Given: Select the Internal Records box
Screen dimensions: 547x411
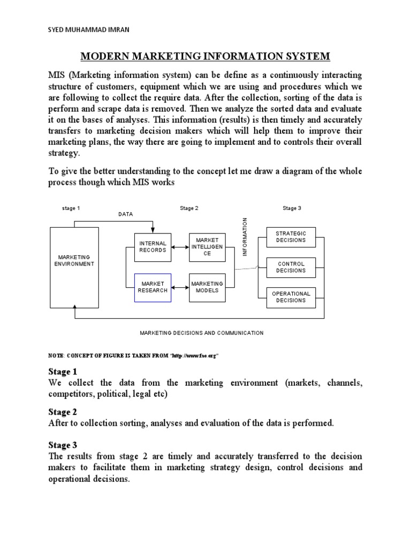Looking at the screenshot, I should (153, 247).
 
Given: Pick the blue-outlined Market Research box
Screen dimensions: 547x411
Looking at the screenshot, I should (153, 287).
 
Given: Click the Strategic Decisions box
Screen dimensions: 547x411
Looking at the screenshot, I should (291, 237).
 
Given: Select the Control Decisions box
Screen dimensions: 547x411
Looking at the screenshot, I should (291, 267).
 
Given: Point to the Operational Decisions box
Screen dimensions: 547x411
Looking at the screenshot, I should (291, 297).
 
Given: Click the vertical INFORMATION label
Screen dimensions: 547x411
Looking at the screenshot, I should (245, 237).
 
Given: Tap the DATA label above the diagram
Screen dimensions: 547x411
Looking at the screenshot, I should (125, 214).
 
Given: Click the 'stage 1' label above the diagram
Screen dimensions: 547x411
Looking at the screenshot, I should (71, 208).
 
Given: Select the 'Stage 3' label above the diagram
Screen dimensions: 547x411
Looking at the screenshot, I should (292, 208).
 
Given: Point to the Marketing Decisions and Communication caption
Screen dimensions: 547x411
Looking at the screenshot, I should (202, 333).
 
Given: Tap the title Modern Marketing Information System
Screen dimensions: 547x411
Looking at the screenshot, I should (205, 56).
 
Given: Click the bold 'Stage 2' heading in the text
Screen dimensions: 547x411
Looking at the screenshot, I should (59, 412).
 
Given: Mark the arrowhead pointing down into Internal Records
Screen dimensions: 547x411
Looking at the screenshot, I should (153, 230).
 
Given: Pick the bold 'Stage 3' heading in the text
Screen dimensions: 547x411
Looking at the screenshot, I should (59, 445).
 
